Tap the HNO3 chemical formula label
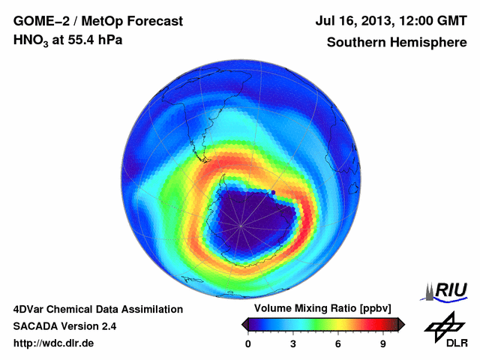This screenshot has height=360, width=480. (30, 40)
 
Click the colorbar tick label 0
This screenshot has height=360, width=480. (248, 344)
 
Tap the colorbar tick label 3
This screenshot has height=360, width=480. (293, 344)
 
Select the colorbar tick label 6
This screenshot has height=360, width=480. (338, 344)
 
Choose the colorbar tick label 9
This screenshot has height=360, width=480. (383, 344)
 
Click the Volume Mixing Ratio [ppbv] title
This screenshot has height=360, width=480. (319, 309)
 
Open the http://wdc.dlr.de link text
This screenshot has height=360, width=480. (53, 344)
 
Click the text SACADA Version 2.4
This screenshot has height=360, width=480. (64, 327)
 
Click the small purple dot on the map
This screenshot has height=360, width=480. (273, 193)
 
